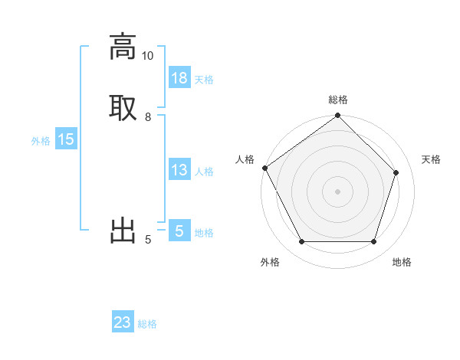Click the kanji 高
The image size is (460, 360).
coord(123,46)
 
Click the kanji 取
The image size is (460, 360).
coord(123,106)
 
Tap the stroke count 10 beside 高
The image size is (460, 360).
coord(147,56)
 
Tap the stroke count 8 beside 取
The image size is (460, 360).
coord(148,117)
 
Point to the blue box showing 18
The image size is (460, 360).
coord(179,78)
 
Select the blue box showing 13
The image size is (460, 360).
coord(179,171)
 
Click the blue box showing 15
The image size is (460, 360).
coord(66,140)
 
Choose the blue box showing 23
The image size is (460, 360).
coord(123,323)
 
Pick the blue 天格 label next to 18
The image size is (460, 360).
coord(204,80)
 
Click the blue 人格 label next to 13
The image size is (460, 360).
coord(204,172)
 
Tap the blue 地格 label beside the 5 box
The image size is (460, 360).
coord(204,233)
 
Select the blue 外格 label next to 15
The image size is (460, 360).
coord(41,141)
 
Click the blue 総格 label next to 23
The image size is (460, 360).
coord(147,324)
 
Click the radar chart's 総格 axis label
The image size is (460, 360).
coord(338,100)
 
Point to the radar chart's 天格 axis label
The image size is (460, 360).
coord(432,159)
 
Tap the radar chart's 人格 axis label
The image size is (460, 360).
coord(245,159)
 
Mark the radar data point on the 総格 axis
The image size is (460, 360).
coord(338,116)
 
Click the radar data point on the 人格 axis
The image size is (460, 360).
coord(265,168)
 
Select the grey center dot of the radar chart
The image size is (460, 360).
coord(338,191)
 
